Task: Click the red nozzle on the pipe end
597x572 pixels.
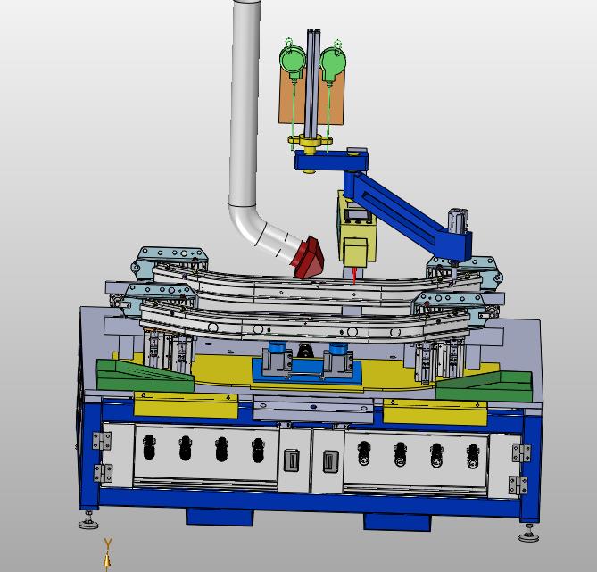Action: [x=308, y=258]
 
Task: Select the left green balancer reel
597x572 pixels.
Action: [x=293, y=58]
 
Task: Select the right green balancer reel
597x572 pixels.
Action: [x=333, y=60]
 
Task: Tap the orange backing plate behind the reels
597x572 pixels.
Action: [x=311, y=97]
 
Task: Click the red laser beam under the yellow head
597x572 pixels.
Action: [x=354, y=276]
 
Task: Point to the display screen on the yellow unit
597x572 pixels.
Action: [x=358, y=215]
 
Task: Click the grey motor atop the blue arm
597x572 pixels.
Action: [x=457, y=221]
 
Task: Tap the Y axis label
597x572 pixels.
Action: [x=108, y=543]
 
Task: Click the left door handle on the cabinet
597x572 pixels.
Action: [x=292, y=460]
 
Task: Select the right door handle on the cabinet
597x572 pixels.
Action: [x=330, y=461]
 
